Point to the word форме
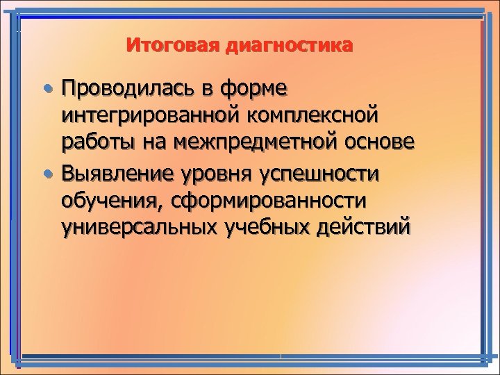pos(258,89)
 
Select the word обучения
pos(108,201)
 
